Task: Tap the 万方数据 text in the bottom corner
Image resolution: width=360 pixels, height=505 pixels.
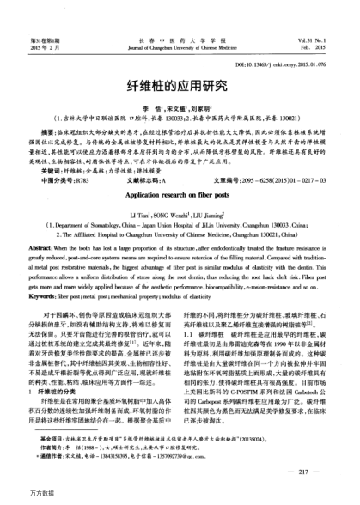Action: [21, 496]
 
